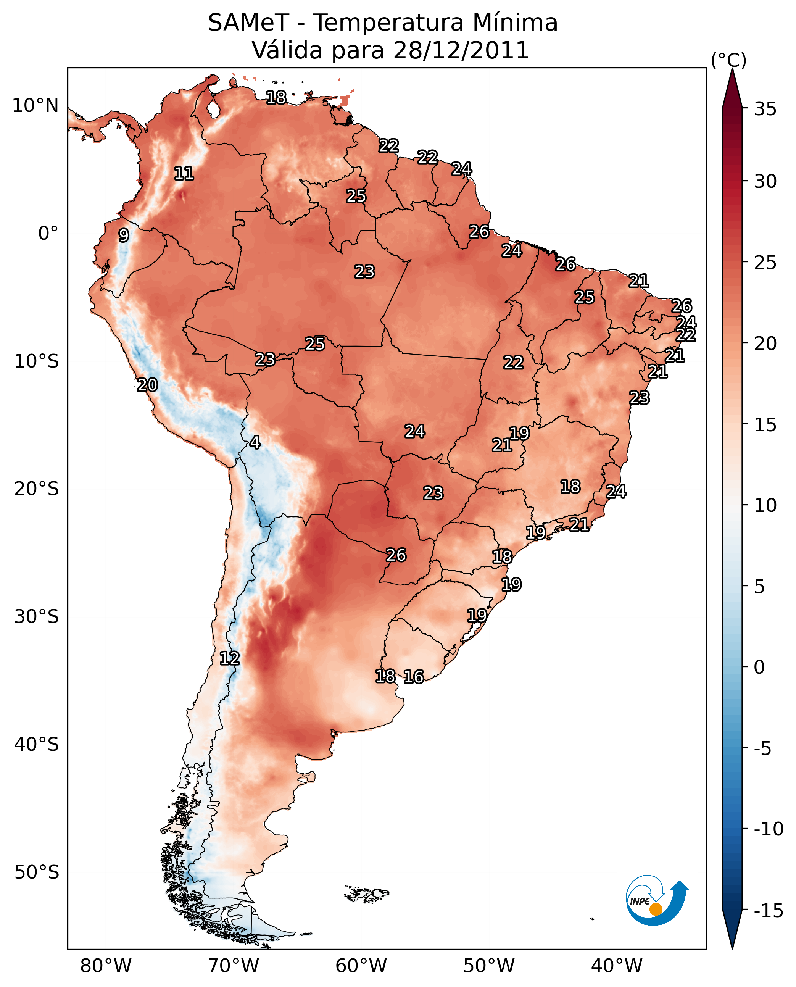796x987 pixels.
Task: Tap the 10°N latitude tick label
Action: tap(35, 106)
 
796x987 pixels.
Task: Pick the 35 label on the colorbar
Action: tap(765, 109)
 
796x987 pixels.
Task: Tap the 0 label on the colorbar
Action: tap(759, 667)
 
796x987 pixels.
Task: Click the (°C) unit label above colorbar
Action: tap(728, 60)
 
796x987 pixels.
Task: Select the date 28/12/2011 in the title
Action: tap(461, 50)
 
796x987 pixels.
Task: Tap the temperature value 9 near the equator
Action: tap(124, 235)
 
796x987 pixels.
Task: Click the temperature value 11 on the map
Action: tap(184, 173)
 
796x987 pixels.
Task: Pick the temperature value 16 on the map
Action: tap(414, 676)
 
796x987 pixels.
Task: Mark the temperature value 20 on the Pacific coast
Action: tap(147, 385)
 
